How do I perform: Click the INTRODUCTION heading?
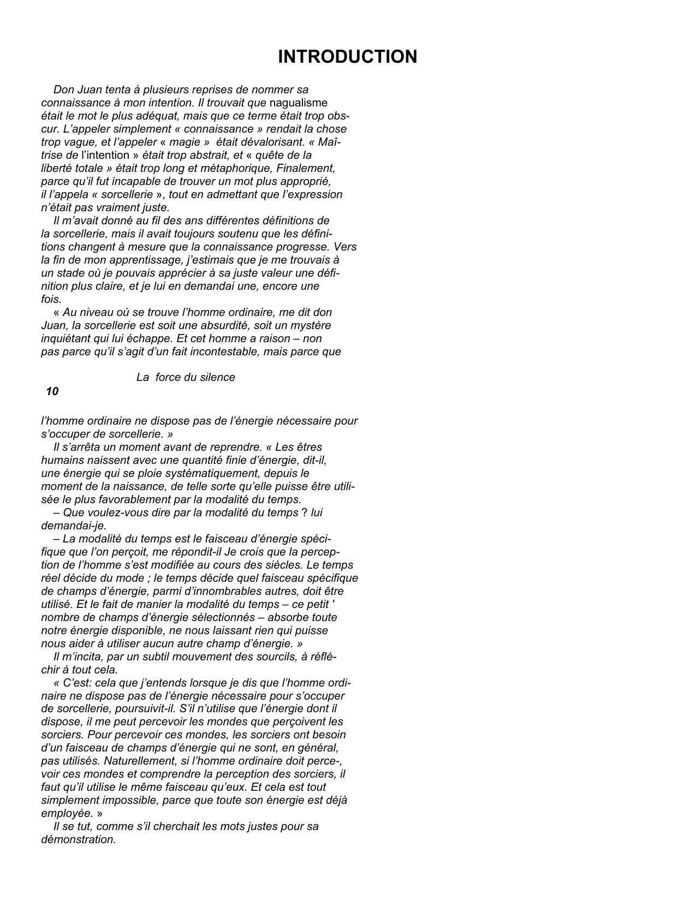tap(347, 57)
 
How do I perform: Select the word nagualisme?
tap(299, 103)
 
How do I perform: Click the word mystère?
tap(307, 325)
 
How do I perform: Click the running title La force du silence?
tap(186, 377)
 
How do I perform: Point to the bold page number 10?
tap(52, 391)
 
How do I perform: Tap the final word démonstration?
tap(78, 839)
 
